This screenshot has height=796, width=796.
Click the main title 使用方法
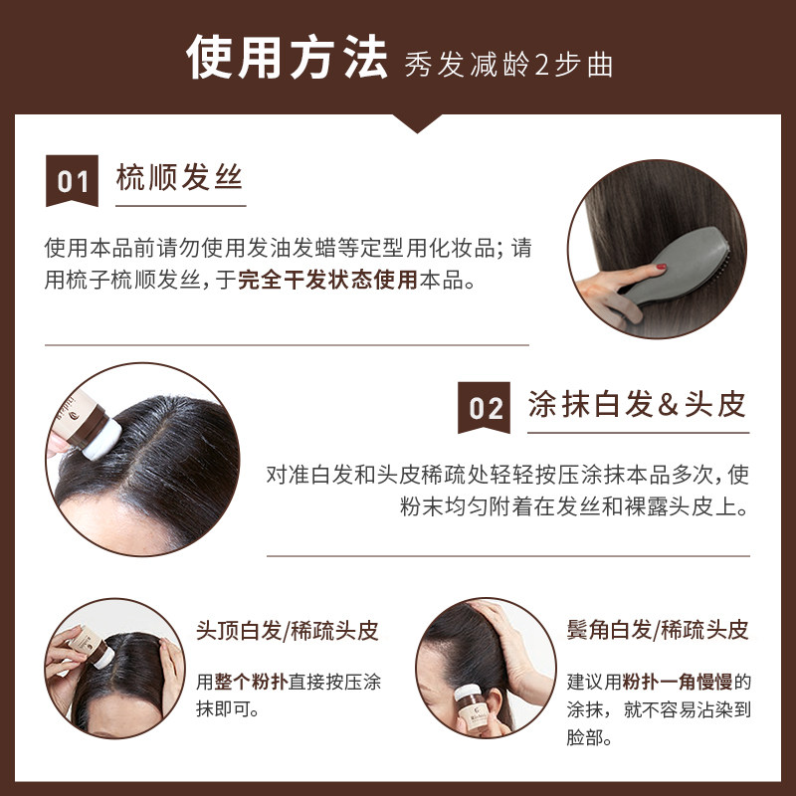287,58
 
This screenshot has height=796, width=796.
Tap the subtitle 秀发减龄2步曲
508,65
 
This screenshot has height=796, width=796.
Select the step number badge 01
72,181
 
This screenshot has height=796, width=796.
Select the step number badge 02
484,408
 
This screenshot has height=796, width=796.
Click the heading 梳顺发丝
179,177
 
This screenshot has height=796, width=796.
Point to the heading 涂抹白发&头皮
637,404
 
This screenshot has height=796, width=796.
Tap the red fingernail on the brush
661,266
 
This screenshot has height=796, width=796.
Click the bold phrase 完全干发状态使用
327,280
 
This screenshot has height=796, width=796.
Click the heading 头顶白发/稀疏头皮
288,631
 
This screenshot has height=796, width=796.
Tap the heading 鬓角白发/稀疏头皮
658,630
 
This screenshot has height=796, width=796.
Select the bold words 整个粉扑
252,682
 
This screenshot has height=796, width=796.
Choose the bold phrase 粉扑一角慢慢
678,682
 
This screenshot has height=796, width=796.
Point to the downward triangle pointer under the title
417,123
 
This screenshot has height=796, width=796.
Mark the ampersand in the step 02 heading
667,405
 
